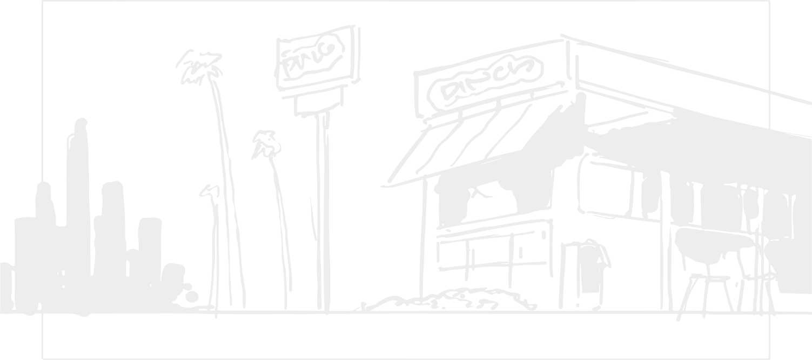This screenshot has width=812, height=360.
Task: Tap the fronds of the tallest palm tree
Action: [199, 68]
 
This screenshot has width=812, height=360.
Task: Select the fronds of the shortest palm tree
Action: [210, 190]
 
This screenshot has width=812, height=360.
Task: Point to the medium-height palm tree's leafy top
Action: [265, 143]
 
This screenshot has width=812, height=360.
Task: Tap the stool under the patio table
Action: [708, 295]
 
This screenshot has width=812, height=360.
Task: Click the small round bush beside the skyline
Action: [192, 296]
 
